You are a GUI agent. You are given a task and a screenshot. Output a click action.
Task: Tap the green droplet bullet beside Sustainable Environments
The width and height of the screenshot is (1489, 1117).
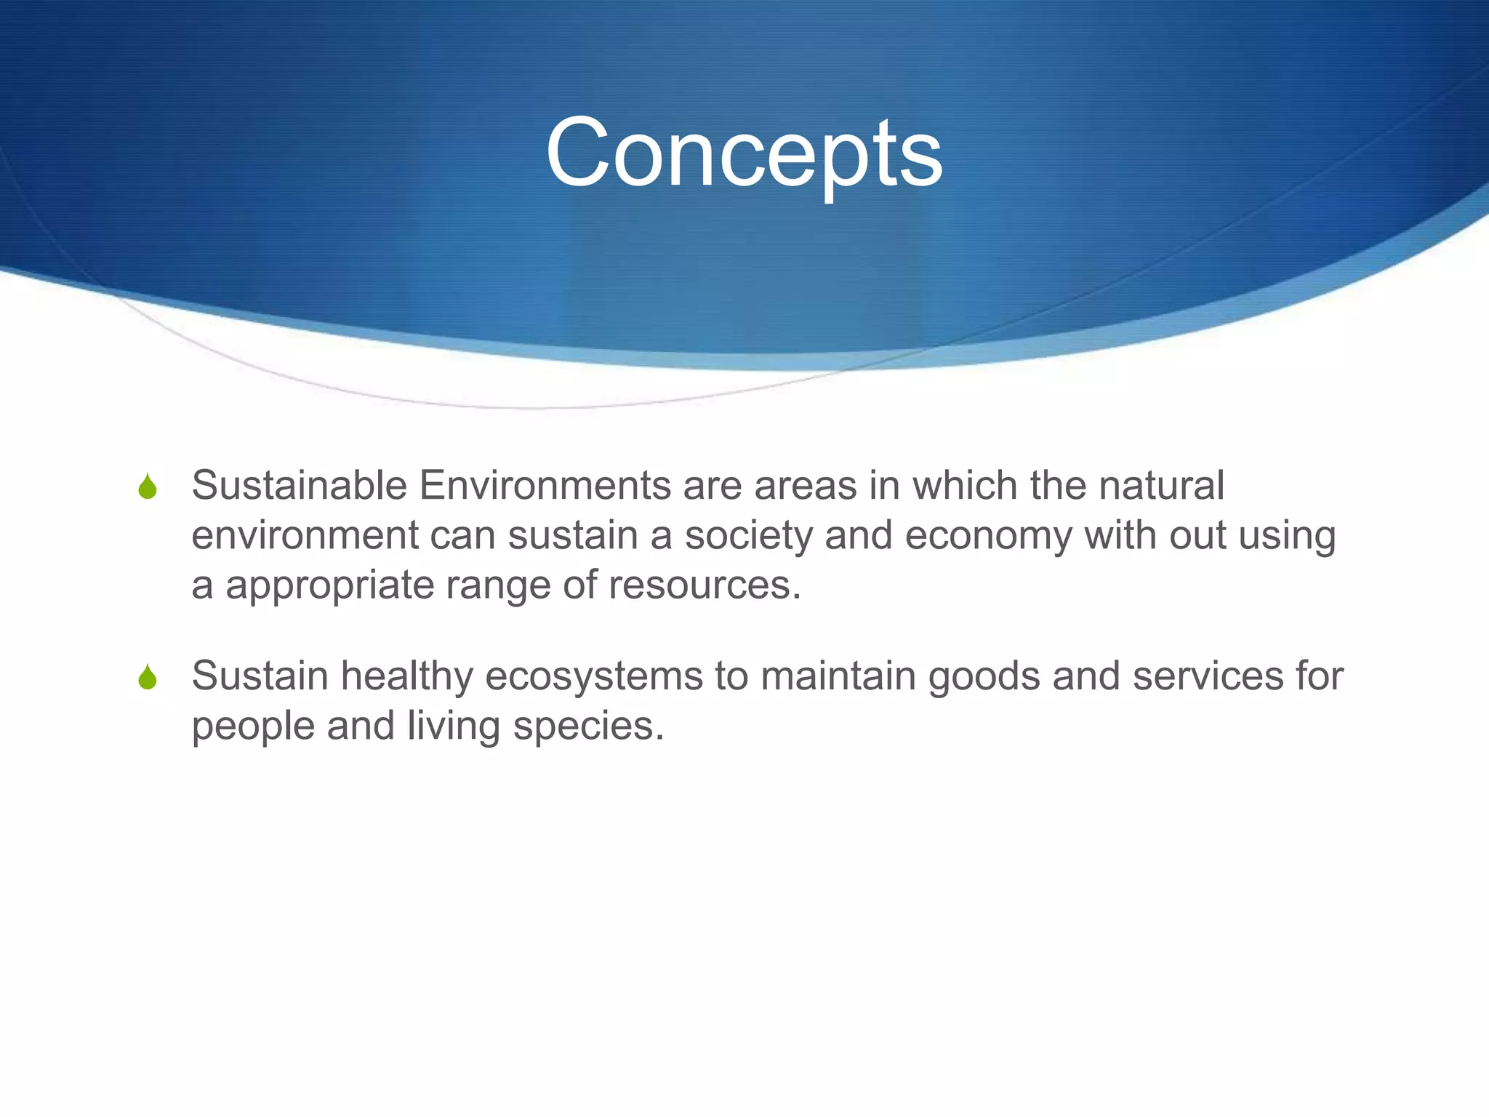click(x=148, y=487)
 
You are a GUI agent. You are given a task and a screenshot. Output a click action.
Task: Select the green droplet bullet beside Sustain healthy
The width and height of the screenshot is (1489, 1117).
click(x=148, y=677)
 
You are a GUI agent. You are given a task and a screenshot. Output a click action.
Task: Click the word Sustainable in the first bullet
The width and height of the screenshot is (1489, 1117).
click(x=299, y=485)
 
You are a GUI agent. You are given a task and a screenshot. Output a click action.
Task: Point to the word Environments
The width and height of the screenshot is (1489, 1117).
click(x=545, y=485)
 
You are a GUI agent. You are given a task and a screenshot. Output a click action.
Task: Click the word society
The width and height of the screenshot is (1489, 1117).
click(x=748, y=536)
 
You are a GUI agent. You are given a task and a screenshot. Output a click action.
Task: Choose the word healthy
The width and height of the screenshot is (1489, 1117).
click(x=406, y=676)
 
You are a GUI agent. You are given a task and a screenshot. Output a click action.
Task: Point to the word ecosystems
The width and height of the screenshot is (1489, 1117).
click(x=593, y=676)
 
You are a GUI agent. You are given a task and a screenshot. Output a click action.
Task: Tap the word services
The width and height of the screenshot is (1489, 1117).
click(x=1208, y=676)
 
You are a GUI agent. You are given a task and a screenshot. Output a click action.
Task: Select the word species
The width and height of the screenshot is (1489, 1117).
click(x=588, y=726)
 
